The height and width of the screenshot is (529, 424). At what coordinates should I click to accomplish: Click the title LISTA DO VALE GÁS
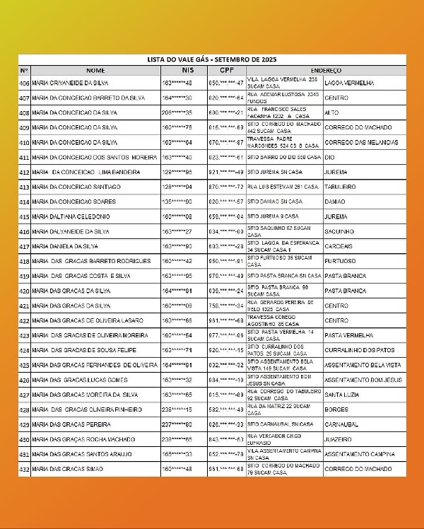pyautogui.click(x=212, y=61)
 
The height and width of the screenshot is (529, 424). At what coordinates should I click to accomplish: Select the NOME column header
pyautogui.click(x=95, y=71)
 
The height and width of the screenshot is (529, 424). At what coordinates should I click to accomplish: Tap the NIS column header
pyautogui.click(x=187, y=71)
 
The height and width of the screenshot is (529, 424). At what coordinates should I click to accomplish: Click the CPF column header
pyautogui.click(x=226, y=71)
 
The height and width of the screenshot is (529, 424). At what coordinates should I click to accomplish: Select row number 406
pyautogui.click(x=25, y=83)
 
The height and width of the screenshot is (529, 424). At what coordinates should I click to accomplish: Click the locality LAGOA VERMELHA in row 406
pyautogui.click(x=349, y=83)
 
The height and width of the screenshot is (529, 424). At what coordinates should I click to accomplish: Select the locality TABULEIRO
pyautogui.click(x=340, y=187)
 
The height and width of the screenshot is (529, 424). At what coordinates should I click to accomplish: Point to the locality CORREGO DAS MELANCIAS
pyautogui.click(x=360, y=142)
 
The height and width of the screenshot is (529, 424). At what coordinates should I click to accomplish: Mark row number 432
pyautogui.click(x=25, y=469)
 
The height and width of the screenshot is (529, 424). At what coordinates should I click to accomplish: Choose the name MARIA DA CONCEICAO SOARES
pyautogui.click(x=69, y=202)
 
